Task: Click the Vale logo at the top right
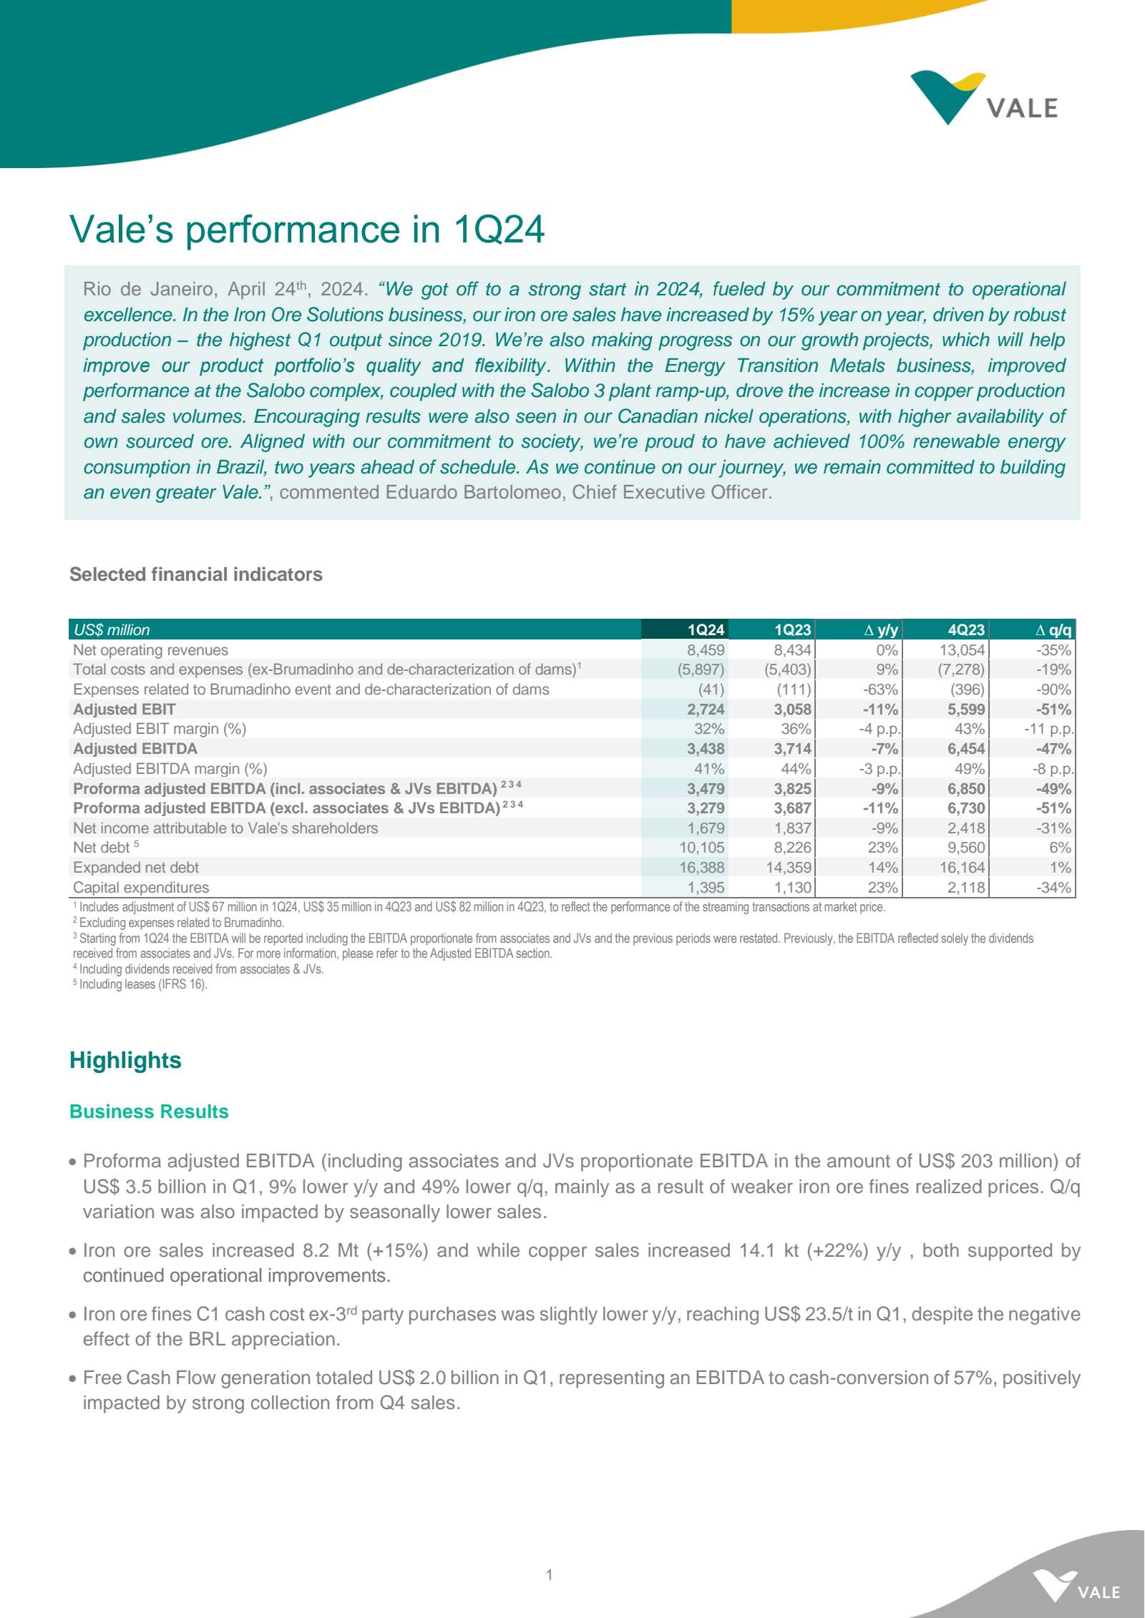click(984, 99)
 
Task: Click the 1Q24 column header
click(706, 629)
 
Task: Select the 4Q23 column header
click(966, 629)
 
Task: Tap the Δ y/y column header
click(881, 629)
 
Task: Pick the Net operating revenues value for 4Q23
click(962, 649)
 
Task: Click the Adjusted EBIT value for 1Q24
click(706, 709)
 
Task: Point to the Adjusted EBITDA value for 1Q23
click(792, 748)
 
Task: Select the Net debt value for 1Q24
click(702, 847)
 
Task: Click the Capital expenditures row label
click(141, 887)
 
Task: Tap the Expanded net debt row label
click(136, 867)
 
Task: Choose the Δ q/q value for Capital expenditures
click(1054, 887)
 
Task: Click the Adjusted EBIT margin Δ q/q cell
click(1048, 728)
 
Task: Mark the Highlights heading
click(125, 1060)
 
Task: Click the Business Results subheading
click(149, 1112)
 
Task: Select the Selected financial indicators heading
click(195, 574)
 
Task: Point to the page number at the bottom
click(549, 1574)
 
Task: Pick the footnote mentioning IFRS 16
click(142, 984)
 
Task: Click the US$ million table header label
click(112, 629)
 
